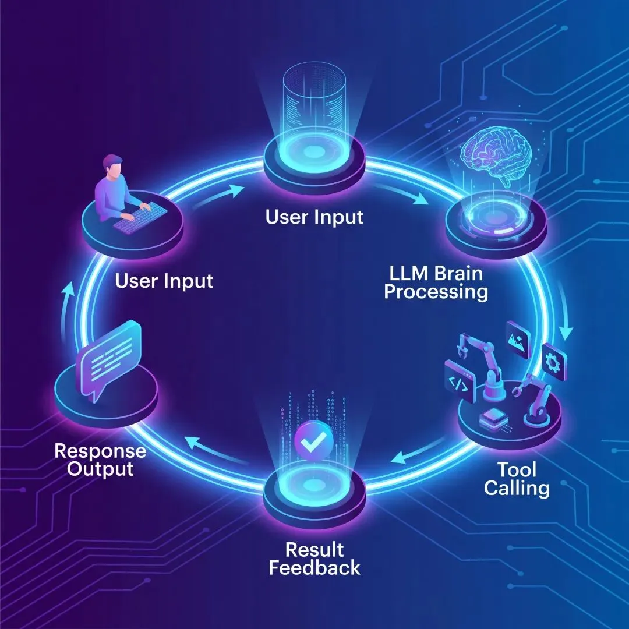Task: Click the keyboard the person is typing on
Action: [132, 217]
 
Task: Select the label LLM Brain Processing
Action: [436, 282]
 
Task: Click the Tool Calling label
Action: [517, 478]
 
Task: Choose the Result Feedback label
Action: [314, 558]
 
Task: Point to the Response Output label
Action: [100, 459]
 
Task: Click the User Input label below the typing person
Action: [164, 281]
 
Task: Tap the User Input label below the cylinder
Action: [314, 217]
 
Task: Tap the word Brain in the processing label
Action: [459, 273]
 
